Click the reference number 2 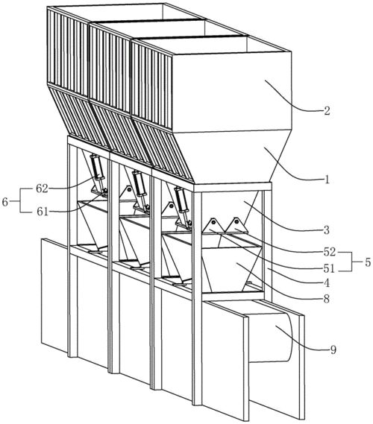click(327, 111)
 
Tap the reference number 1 click(327, 180)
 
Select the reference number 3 click(327, 230)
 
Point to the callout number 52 click(329, 253)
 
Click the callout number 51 click(328, 269)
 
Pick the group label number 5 click(367, 262)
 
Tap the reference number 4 click(327, 283)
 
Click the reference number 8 click(327, 299)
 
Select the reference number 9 click(333, 349)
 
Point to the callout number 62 click(42, 189)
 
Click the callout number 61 click(43, 212)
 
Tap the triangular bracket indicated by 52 click(237, 225)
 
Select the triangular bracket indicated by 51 click(213, 226)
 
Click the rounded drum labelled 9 click(271, 338)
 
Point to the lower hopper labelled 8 click(233, 269)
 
